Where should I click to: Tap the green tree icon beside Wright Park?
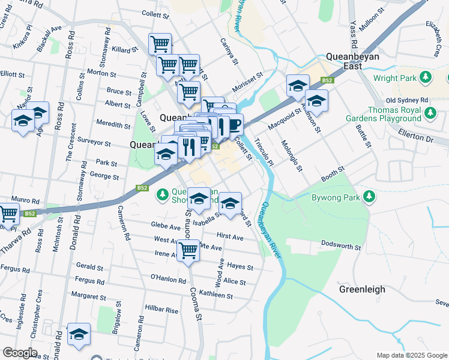(426, 77)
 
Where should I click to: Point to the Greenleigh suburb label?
(362, 289)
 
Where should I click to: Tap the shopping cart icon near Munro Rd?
(8, 214)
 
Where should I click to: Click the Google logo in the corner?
(20, 353)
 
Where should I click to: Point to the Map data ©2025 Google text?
(411, 355)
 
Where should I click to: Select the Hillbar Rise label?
(161, 310)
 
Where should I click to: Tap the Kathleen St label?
(215, 295)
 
